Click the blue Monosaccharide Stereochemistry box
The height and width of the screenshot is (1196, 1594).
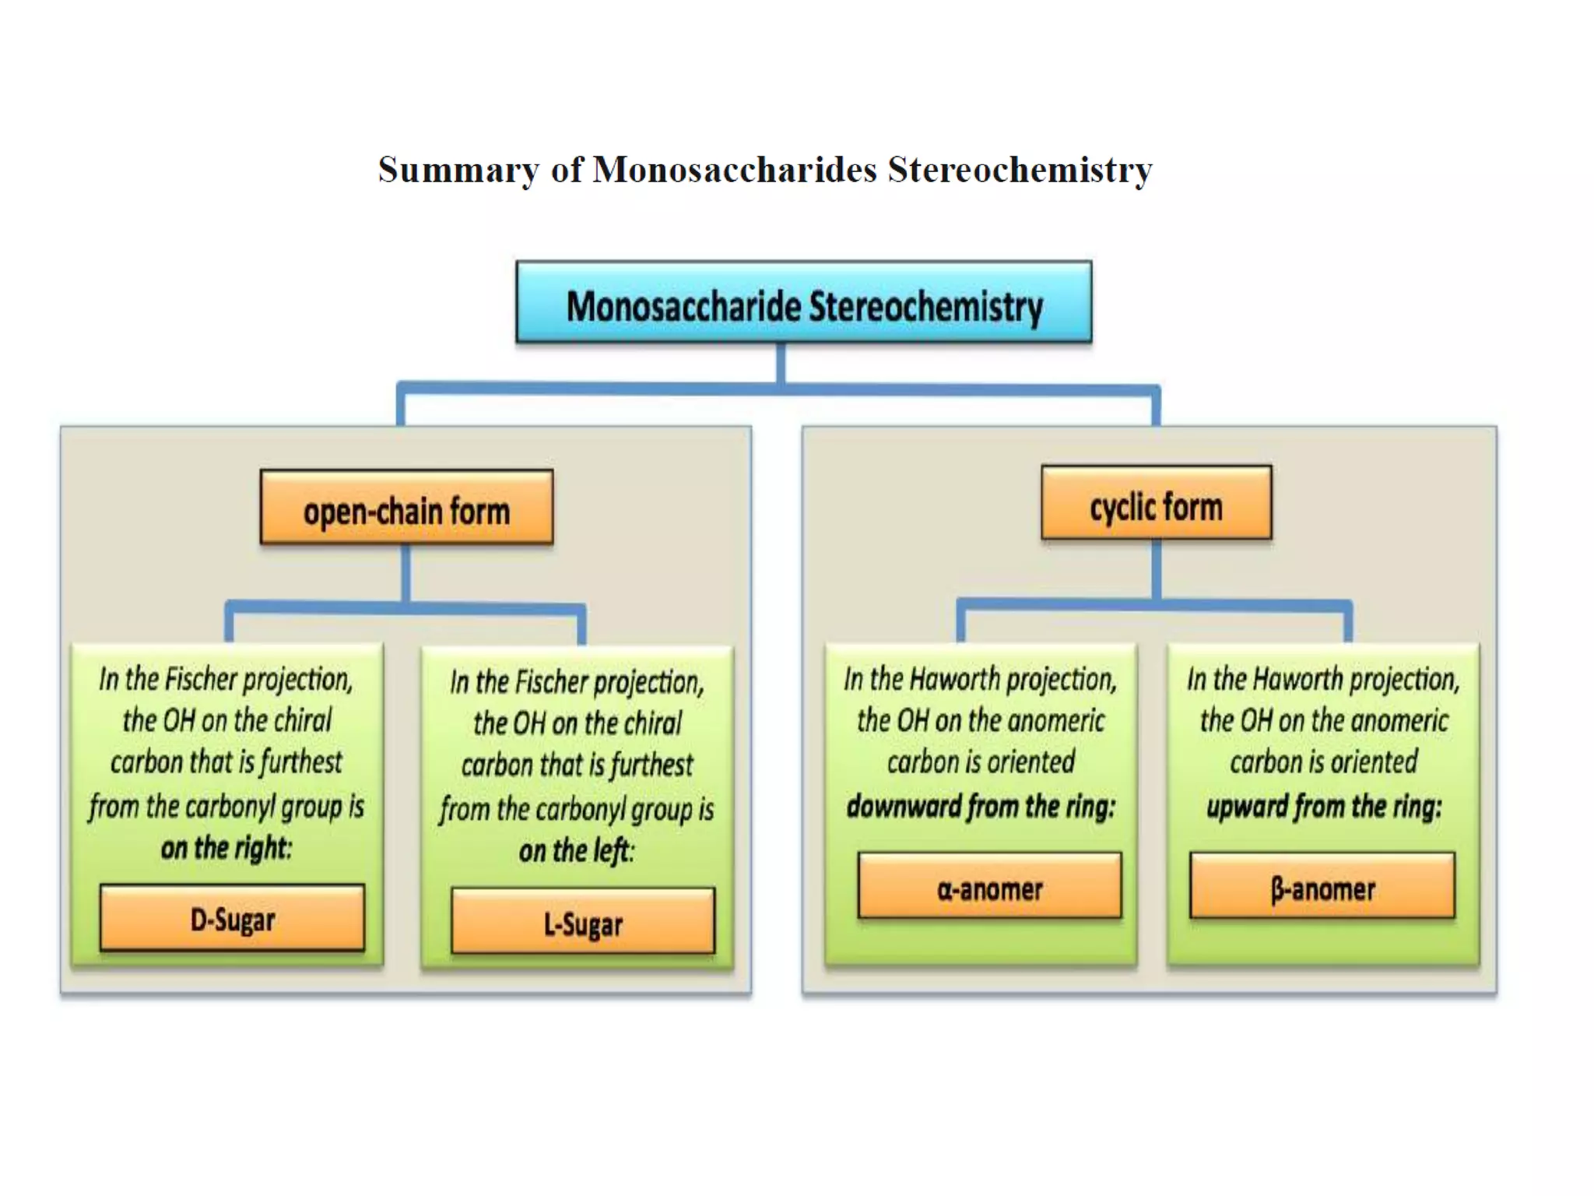point(803,302)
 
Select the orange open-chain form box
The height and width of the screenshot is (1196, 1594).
point(406,507)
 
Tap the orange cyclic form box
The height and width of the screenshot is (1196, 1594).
point(1156,502)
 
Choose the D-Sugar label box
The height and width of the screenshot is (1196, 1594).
point(232,917)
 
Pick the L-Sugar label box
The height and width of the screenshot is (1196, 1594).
point(583,921)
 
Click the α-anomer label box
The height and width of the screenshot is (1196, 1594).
point(989,885)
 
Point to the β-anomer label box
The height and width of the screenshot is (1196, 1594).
point(1322,885)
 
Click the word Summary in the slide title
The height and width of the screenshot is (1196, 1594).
point(458,171)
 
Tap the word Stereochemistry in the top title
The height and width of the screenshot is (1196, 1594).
point(1020,171)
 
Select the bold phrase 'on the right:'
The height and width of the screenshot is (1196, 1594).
point(226,847)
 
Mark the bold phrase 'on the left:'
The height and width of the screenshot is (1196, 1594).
point(577,850)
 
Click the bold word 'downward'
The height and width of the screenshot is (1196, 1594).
point(904,806)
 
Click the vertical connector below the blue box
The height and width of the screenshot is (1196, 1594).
point(781,363)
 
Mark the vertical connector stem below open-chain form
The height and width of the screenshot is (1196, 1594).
point(406,573)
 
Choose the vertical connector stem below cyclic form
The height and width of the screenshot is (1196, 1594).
point(1157,569)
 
